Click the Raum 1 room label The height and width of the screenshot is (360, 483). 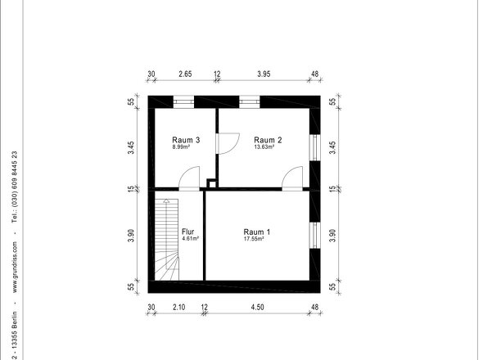tap(256, 232)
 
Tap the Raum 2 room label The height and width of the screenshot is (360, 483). tap(268, 140)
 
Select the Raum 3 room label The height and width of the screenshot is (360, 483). tap(186, 140)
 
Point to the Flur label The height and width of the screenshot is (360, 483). tap(188, 232)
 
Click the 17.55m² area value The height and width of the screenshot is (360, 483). tap(254, 238)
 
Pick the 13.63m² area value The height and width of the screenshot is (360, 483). tap(264, 147)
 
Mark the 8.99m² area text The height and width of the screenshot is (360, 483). tap(181, 147)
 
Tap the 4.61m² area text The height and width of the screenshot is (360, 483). tap(191, 238)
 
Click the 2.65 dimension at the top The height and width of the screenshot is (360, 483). tap(186, 74)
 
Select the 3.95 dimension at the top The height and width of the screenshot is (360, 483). tap(264, 74)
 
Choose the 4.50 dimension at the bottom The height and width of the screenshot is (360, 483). tap(257, 307)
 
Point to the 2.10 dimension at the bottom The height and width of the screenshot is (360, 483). tap(179, 307)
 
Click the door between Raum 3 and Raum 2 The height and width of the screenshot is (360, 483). tap(228, 143)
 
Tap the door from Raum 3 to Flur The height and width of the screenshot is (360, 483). tap(189, 178)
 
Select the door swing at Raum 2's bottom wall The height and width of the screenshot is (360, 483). tap(292, 178)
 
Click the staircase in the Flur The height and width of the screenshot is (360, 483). tap(167, 240)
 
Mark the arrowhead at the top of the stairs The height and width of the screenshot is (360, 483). tap(166, 200)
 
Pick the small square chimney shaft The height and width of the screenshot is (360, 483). tap(212, 183)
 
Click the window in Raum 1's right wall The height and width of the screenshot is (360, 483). tap(314, 236)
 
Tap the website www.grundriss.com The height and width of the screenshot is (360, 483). tap(15, 268)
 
